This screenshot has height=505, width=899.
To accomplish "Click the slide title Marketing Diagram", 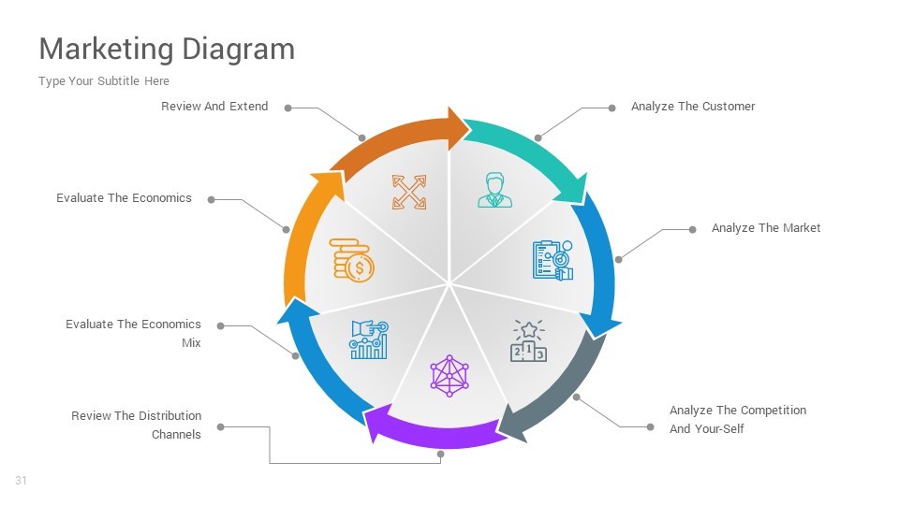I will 167,49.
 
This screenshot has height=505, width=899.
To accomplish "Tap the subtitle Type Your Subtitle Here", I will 104,81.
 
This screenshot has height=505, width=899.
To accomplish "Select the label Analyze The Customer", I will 692,107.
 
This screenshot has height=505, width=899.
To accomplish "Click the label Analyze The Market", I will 765,228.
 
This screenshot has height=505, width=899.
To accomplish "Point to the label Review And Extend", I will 214,107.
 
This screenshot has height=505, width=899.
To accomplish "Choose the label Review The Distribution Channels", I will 137,425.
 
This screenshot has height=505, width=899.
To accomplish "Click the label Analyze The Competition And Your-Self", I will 737,419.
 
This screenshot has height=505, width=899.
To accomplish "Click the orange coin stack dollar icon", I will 351,259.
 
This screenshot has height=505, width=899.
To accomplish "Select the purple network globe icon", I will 449,375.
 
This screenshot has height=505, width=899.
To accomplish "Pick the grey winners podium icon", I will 528,340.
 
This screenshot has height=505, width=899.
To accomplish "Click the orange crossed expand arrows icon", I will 409,192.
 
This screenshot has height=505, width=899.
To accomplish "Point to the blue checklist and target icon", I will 553,260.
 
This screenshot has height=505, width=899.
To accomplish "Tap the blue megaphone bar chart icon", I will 369,339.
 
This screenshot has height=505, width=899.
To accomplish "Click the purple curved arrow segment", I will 431,431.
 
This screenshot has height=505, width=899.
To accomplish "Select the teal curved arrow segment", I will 524,150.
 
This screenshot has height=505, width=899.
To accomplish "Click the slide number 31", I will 21,481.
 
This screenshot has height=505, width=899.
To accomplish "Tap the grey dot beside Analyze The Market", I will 692,229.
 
